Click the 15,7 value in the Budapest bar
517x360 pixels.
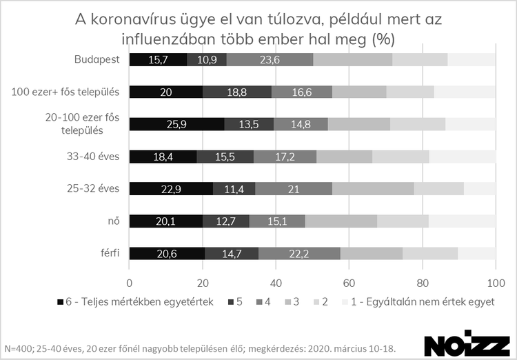pyautogui.click(x=158, y=60)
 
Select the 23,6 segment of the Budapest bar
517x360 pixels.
pyautogui.click(x=270, y=60)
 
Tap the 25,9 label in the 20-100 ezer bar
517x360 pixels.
pyautogui.click(x=176, y=125)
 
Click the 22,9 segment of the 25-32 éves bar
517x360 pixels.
pyautogui.click(x=171, y=189)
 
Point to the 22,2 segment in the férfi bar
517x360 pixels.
pyautogui.click(x=299, y=253)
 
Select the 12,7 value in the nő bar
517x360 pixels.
pyautogui.click(x=226, y=221)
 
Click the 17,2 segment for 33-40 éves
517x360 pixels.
pyautogui.click(x=285, y=157)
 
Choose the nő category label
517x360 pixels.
pyautogui.click(x=114, y=221)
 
